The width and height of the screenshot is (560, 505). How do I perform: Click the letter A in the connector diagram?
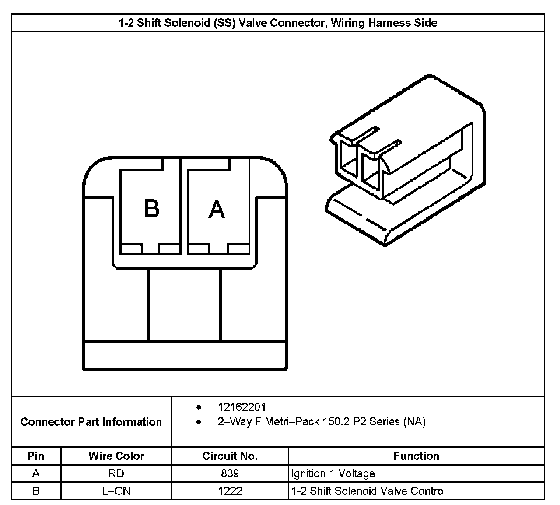click(x=217, y=210)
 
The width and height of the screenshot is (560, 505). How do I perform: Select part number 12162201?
click(x=241, y=407)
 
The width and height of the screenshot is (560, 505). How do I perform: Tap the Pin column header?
click(x=36, y=456)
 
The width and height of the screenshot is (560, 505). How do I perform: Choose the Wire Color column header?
click(x=116, y=456)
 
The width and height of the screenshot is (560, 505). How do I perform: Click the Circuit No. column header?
click(x=230, y=456)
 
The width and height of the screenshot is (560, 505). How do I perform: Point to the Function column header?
click(x=416, y=456)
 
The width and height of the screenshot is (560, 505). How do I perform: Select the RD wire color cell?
click(x=116, y=473)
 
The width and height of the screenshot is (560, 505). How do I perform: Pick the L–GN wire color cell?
click(x=116, y=491)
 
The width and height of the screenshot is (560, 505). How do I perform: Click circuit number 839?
click(x=230, y=473)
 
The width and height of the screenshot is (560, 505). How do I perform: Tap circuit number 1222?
click(x=230, y=491)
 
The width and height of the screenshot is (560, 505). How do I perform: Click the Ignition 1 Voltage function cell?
click(x=333, y=473)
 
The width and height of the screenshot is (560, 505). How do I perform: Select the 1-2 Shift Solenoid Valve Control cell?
click(x=368, y=491)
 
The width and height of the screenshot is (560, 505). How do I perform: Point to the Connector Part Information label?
click(x=91, y=422)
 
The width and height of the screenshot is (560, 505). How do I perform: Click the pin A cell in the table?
click(x=36, y=473)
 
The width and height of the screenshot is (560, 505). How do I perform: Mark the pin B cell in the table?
click(x=36, y=491)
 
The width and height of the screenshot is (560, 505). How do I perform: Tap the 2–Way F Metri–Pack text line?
click(x=321, y=422)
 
